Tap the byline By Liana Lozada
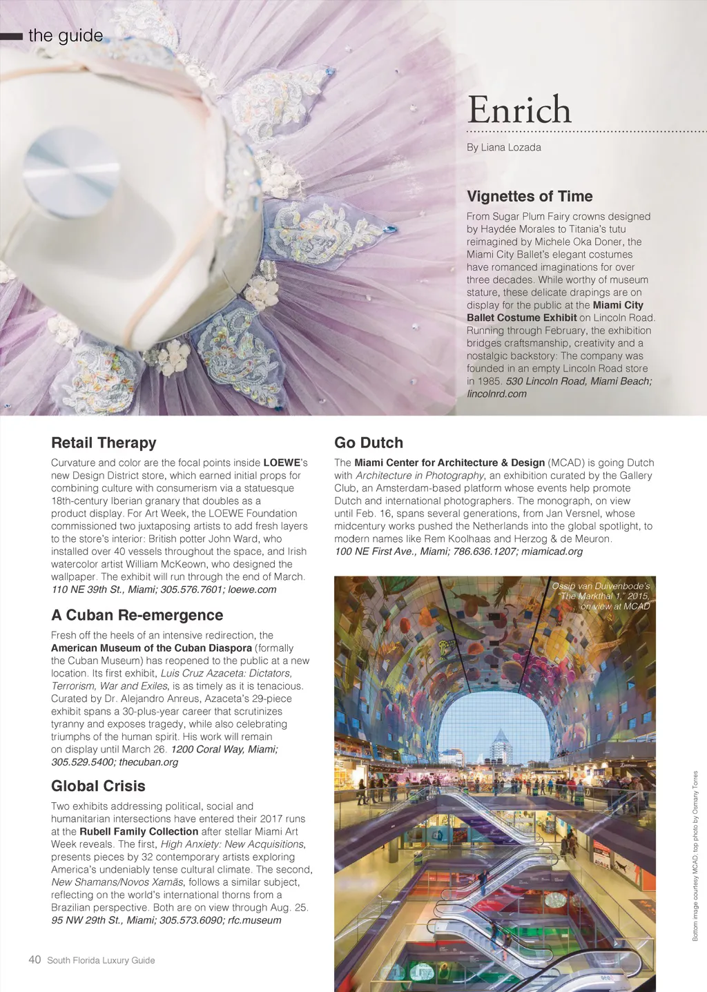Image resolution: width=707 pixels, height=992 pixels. click(503, 147)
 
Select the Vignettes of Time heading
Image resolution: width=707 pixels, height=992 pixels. click(530, 196)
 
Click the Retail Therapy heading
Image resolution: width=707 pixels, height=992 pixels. click(104, 442)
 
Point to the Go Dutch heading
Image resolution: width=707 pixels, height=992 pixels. click(369, 442)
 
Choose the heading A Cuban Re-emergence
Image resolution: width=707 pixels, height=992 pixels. click(137, 615)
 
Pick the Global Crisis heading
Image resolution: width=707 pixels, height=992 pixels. click(98, 786)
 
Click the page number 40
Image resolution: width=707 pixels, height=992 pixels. click(35, 960)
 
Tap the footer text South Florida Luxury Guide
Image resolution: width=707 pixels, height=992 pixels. click(101, 960)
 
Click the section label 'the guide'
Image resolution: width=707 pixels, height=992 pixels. click(66, 36)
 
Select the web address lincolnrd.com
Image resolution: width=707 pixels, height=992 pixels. click(496, 393)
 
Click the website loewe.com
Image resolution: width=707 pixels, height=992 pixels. click(252, 590)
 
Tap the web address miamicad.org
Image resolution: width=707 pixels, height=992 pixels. click(552, 552)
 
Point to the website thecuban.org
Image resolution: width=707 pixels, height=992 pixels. click(148, 762)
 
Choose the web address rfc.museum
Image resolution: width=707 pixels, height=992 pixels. click(255, 920)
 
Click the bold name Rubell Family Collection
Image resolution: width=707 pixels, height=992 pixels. click(139, 832)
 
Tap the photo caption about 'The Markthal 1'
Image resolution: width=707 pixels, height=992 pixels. click(601, 596)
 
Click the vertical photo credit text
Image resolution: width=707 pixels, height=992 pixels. click(695, 855)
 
